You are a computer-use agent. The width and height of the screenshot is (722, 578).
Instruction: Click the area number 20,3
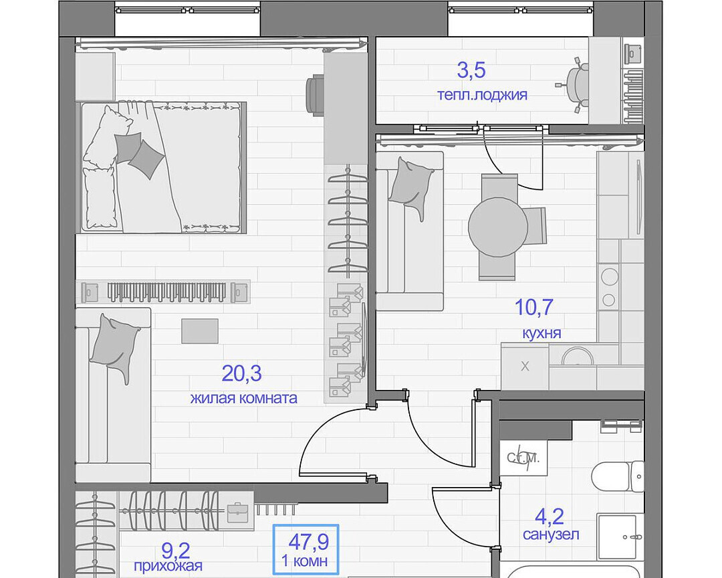[242, 373]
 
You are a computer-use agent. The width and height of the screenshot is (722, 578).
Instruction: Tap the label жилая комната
[243, 398]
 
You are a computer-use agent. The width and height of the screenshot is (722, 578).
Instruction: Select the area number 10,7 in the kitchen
[533, 308]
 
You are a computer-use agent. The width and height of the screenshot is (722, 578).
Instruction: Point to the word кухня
[541, 332]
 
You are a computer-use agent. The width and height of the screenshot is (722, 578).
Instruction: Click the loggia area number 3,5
[471, 70]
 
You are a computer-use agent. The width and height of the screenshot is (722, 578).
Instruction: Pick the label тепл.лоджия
[482, 95]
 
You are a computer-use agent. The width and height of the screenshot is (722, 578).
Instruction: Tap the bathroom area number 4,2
[550, 516]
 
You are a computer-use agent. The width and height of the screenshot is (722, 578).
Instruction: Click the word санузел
[551, 535]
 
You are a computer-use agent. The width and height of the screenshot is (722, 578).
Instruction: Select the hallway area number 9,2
[176, 551]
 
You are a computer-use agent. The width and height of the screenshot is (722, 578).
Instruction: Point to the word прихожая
[168, 565]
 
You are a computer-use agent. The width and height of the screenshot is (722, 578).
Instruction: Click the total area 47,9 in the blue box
[308, 542]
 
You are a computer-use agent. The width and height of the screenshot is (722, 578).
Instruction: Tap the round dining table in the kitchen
[498, 227]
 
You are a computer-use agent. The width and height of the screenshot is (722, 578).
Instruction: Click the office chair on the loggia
[574, 85]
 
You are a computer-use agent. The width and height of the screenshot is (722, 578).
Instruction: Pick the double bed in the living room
[164, 167]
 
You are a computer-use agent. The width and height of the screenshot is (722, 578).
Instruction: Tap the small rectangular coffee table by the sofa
[200, 331]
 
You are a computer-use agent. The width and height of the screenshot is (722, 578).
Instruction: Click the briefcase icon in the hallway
[237, 512]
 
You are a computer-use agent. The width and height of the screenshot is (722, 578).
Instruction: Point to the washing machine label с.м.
[523, 458]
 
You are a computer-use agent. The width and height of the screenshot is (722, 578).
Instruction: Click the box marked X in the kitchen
[525, 367]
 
